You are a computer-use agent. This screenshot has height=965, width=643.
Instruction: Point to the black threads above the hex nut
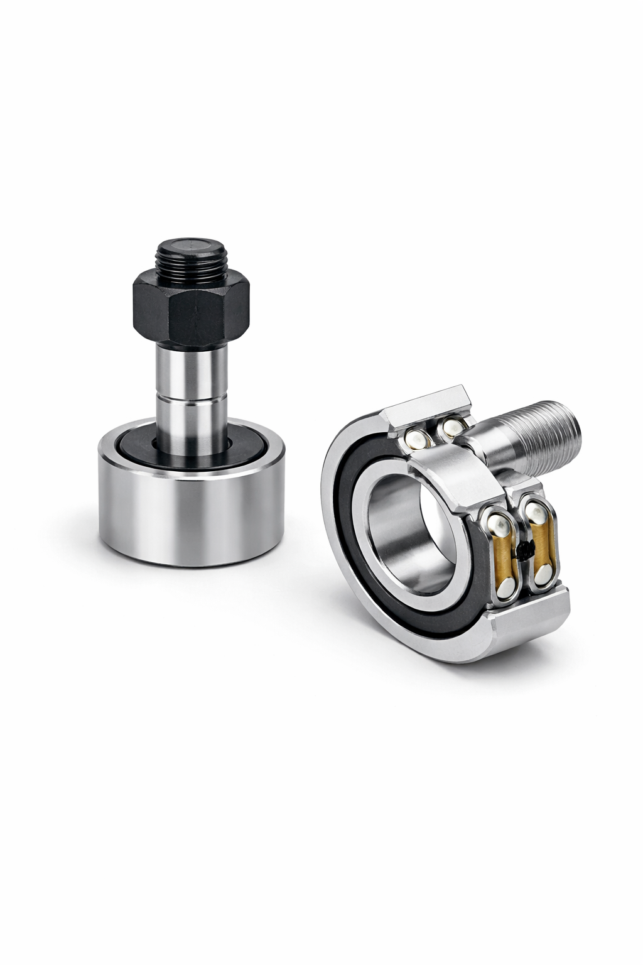tap(191, 267)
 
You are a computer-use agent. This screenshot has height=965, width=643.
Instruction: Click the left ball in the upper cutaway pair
tap(415, 439)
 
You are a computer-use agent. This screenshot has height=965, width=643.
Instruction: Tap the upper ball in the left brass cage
tap(496, 521)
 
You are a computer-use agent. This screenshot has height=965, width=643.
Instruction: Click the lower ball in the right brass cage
tap(543, 574)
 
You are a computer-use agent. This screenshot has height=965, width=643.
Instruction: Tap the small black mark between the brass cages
tap(523, 550)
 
